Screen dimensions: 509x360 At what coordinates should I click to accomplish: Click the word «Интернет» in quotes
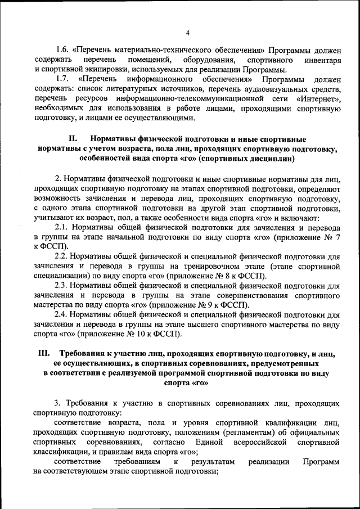(320, 99)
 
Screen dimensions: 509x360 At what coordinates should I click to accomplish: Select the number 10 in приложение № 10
(148, 334)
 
